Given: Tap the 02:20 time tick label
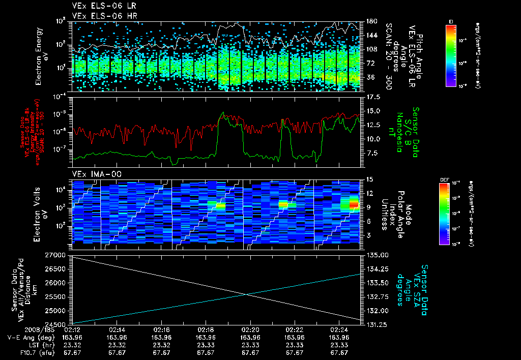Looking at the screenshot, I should [x=250, y=329].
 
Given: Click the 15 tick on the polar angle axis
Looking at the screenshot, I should [x=369, y=179].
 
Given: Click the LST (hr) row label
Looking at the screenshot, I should [x=38, y=344].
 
